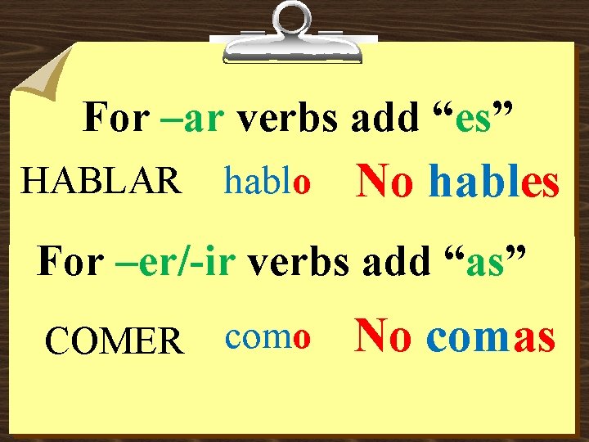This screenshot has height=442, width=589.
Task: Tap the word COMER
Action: (x=114, y=340)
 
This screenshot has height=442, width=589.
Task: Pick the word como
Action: (x=266, y=337)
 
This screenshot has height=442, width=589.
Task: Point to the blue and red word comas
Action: (x=491, y=336)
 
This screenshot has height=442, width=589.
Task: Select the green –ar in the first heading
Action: (x=190, y=119)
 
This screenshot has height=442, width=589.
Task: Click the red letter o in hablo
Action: (x=302, y=183)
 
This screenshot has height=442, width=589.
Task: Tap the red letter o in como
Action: (x=301, y=339)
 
